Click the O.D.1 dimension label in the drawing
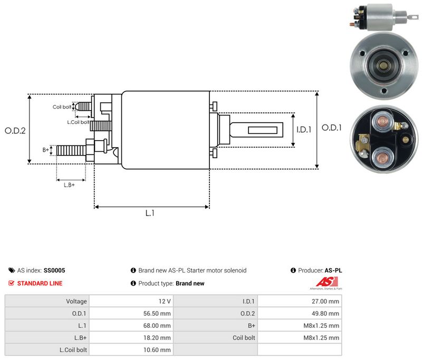[x=332, y=128]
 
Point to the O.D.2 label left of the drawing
[x=15, y=131]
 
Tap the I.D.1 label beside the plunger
[x=304, y=130]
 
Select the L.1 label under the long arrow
[x=150, y=213]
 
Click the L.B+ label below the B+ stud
[x=69, y=185]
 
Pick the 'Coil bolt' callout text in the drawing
[x=62, y=107]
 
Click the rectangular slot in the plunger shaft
[x=263, y=130]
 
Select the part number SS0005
[x=54, y=270]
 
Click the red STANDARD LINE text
[x=40, y=284]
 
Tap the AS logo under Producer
[x=327, y=284]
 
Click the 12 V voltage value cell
[x=131, y=301]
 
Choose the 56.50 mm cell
[x=131, y=313]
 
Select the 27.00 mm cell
[x=300, y=301]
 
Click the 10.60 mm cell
[x=131, y=349]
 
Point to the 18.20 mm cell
[x=131, y=337]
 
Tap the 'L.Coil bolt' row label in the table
[x=73, y=350]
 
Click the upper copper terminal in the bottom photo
[x=382, y=122]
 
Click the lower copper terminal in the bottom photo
[x=382, y=158]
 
